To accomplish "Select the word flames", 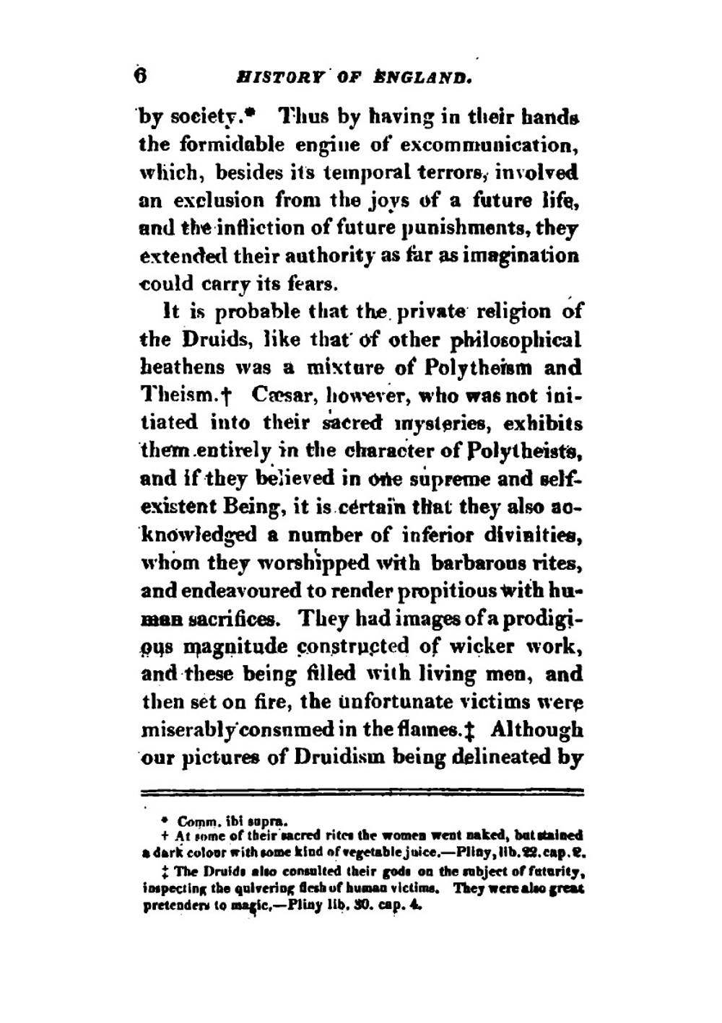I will (436, 730).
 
